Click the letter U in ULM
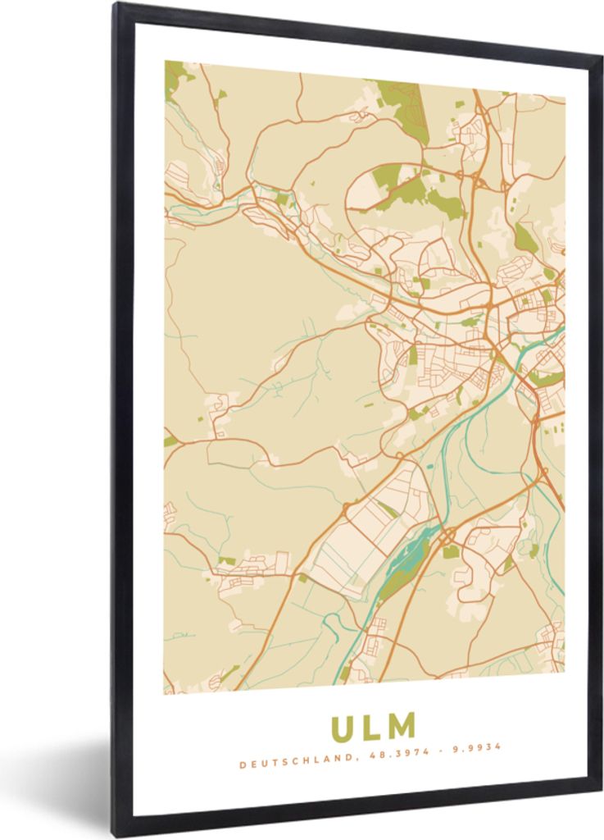(344, 728)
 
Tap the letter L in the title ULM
(373, 726)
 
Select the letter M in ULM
(402, 725)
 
